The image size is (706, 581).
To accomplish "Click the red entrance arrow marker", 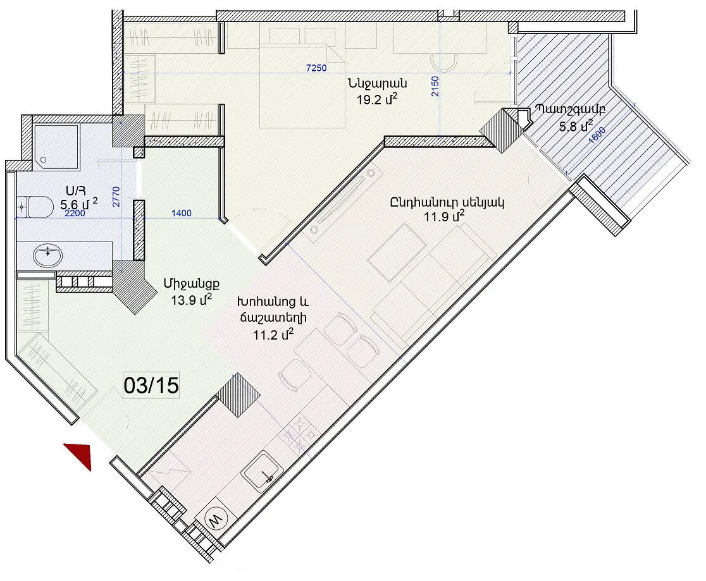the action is tap(82, 455).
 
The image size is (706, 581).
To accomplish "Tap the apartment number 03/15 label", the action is tap(151, 386).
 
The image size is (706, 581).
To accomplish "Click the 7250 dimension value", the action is tap(316, 68).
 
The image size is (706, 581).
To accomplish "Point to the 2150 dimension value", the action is tap(435, 86).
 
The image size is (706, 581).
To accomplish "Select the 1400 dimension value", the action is tap(182, 213).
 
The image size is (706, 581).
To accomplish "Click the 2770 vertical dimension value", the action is tap(116, 197).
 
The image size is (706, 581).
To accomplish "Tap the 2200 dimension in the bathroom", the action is tap(75, 213).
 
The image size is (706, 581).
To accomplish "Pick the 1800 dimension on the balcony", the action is tap(597, 135).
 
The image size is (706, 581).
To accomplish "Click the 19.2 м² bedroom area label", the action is tap(377, 99).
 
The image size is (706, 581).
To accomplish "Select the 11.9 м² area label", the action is tap(444, 216).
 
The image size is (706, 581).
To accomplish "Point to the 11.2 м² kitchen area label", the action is tap(273, 334).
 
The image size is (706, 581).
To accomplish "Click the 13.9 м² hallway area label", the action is tap(191, 300).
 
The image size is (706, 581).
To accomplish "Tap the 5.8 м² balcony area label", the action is tap(576, 126).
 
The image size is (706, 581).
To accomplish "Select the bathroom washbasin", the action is tap(47, 255).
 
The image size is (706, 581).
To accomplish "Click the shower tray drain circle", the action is tap(44, 160).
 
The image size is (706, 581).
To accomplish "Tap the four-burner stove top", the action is tap(299, 435).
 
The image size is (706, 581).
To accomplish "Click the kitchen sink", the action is tap(263, 471).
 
